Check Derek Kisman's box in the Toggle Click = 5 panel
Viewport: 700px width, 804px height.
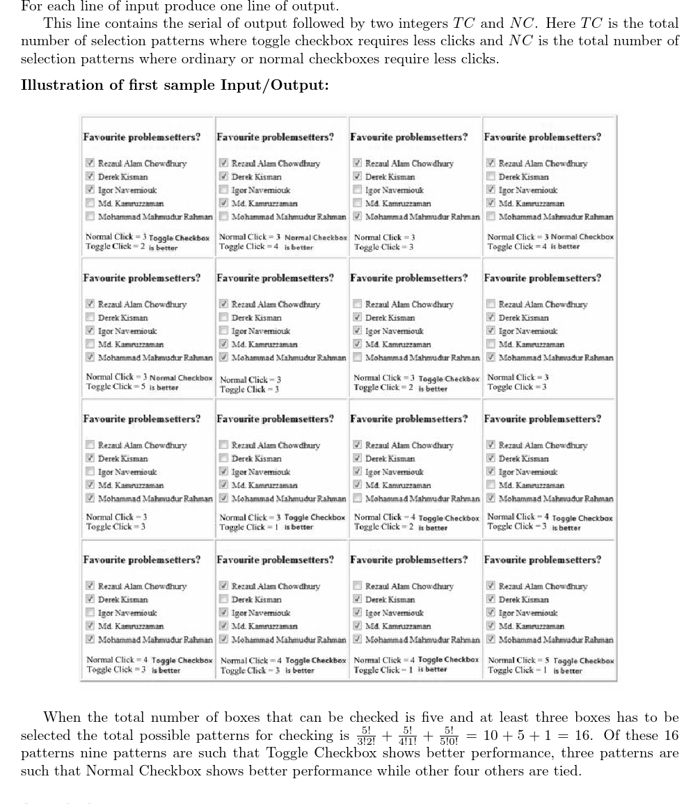point(90,317)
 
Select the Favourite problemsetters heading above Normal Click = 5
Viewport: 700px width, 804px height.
point(542,560)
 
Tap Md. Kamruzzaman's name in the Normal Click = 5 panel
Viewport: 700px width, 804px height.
point(532,626)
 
